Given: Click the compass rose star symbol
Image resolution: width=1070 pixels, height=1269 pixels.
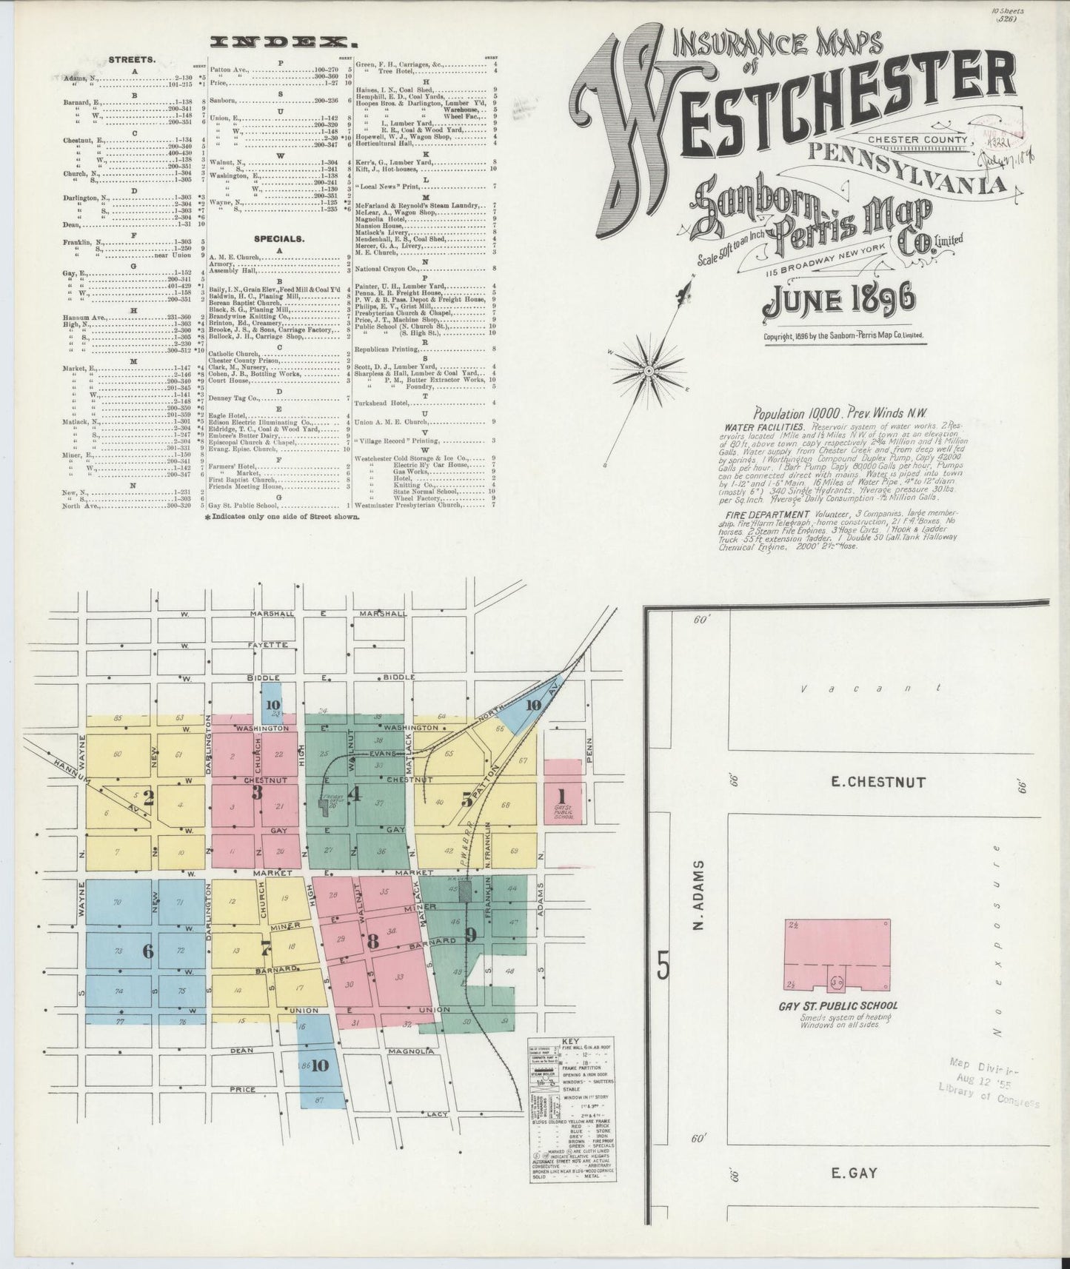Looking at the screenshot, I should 649,369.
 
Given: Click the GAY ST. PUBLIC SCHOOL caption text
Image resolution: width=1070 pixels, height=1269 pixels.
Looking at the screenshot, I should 837,1005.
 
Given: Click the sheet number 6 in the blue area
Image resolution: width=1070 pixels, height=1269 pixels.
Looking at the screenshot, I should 148,951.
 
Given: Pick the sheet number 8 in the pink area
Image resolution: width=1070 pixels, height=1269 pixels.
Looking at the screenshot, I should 372,942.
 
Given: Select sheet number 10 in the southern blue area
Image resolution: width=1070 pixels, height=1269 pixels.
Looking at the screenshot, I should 319,1066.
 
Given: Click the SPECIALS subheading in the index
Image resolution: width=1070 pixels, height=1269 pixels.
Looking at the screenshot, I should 278,239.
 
